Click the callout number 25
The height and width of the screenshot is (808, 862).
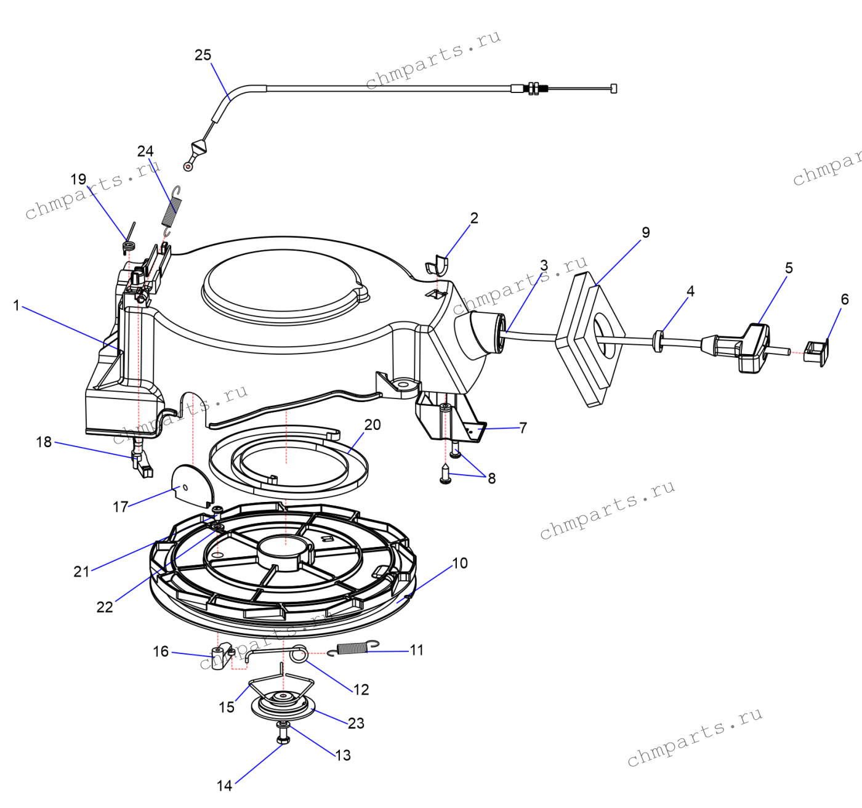coord(203,55)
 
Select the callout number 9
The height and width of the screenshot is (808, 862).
coord(645,232)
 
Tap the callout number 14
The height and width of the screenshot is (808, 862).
coord(224,785)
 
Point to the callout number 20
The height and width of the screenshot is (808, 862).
coord(373,424)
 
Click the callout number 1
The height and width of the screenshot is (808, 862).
coord(17,305)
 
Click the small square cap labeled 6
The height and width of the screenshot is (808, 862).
coord(816,353)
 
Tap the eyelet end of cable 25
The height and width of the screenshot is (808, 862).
coord(188,166)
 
